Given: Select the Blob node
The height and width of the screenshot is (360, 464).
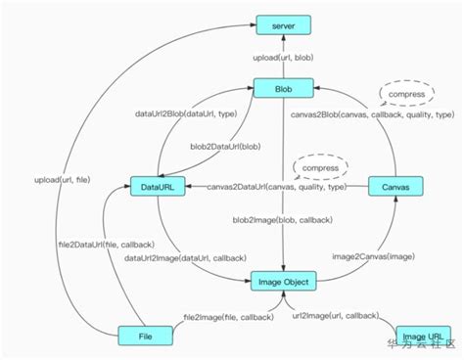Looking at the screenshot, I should [283, 89].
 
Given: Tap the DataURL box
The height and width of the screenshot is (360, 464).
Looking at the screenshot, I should [158, 186].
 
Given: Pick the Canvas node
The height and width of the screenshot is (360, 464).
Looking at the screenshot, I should [395, 186].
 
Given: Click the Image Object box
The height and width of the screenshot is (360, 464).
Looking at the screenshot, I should [283, 282].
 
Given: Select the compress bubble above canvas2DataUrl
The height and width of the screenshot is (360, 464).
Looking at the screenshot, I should [322, 167].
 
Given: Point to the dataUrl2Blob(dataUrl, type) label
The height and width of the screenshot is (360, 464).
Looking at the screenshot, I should [181, 114].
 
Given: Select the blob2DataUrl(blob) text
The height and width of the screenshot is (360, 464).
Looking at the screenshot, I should [225, 147].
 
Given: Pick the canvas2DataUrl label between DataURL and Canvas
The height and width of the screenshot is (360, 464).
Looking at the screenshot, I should [277, 186].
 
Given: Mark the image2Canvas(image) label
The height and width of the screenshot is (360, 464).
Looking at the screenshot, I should [366, 255].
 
